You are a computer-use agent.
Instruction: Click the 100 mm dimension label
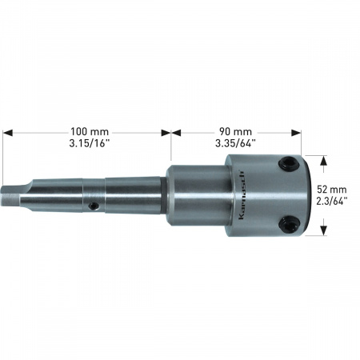click(x=90, y=132)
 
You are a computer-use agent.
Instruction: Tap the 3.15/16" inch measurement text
click(x=90, y=143)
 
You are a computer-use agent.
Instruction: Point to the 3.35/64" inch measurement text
click(x=235, y=143)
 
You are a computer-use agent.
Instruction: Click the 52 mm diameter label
click(x=332, y=190)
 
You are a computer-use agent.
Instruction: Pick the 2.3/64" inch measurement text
click(x=332, y=201)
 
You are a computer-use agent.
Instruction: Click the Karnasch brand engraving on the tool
click(x=242, y=194)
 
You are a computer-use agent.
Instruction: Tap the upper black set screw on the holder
click(x=289, y=164)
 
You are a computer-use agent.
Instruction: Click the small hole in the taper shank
click(x=94, y=206)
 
